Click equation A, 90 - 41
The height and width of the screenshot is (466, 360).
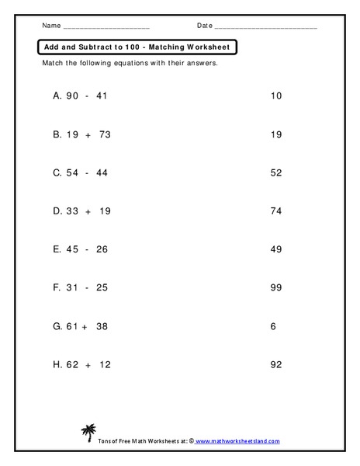click(81, 96)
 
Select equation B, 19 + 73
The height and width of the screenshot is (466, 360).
click(81, 134)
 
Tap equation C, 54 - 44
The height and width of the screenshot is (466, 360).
click(81, 173)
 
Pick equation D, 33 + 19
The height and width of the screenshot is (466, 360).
click(81, 211)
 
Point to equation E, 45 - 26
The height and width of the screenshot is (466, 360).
click(81, 249)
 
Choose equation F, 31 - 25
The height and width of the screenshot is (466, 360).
click(80, 287)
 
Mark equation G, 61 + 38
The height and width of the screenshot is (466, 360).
click(81, 326)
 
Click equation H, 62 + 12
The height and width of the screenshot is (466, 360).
click(81, 364)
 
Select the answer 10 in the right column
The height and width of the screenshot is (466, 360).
click(276, 96)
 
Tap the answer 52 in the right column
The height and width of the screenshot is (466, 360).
click(276, 173)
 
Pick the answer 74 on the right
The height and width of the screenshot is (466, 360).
click(276, 211)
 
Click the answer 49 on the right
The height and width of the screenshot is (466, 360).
click(276, 249)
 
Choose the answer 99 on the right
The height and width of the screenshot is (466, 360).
click(276, 287)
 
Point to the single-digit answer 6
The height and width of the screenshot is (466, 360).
click(274, 326)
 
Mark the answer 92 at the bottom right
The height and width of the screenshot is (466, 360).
click(276, 364)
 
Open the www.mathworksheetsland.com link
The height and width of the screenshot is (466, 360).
click(237, 440)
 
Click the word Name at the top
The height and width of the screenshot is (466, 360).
click(50, 26)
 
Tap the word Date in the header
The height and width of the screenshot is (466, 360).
click(204, 26)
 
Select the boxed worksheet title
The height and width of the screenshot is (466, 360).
click(137, 47)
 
